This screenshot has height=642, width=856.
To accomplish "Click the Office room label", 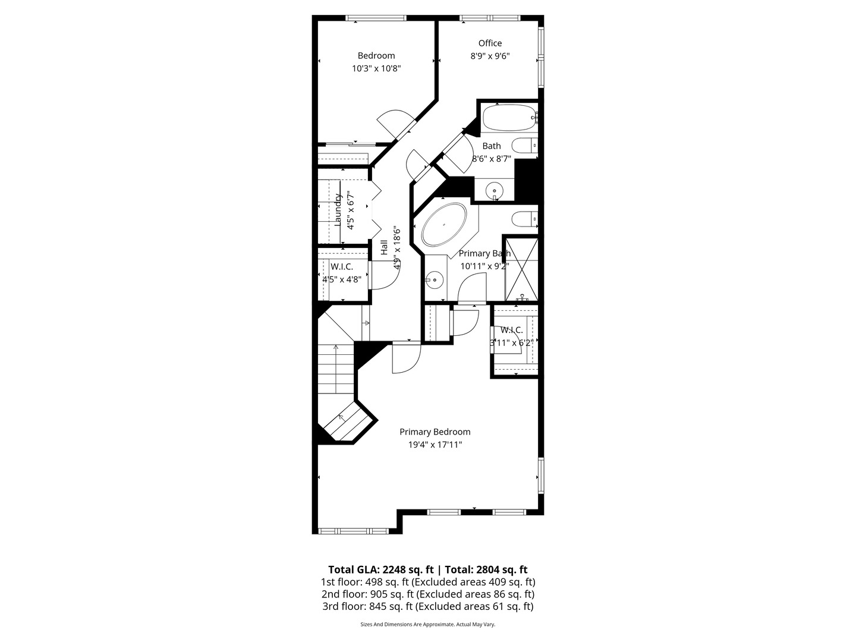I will click(490, 43).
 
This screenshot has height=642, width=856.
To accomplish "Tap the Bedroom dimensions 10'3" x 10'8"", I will click(376, 68).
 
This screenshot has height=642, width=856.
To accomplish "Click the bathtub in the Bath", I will click(509, 118).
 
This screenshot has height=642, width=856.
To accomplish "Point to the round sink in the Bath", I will click(494, 191).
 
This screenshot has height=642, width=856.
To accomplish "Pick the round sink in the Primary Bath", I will click(435, 278).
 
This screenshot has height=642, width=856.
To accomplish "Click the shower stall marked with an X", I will click(521, 268).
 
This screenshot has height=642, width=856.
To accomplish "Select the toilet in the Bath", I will click(524, 145).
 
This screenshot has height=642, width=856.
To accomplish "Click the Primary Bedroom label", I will click(435, 432).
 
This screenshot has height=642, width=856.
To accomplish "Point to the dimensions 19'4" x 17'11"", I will click(435, 445).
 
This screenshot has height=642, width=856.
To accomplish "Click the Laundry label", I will click(338, 210).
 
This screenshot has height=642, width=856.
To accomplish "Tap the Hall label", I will click(384, 248).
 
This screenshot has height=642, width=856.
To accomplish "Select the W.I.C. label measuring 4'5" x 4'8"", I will click(342, 267).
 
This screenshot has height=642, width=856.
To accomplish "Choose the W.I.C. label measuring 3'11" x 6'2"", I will click(511, 330).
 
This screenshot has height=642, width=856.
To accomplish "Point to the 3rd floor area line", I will click(427, 606).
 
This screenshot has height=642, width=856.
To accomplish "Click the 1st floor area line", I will click(427, 582).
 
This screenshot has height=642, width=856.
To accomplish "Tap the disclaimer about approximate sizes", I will click(427, 624).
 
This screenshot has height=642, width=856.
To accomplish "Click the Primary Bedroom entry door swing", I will click(407, 358).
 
